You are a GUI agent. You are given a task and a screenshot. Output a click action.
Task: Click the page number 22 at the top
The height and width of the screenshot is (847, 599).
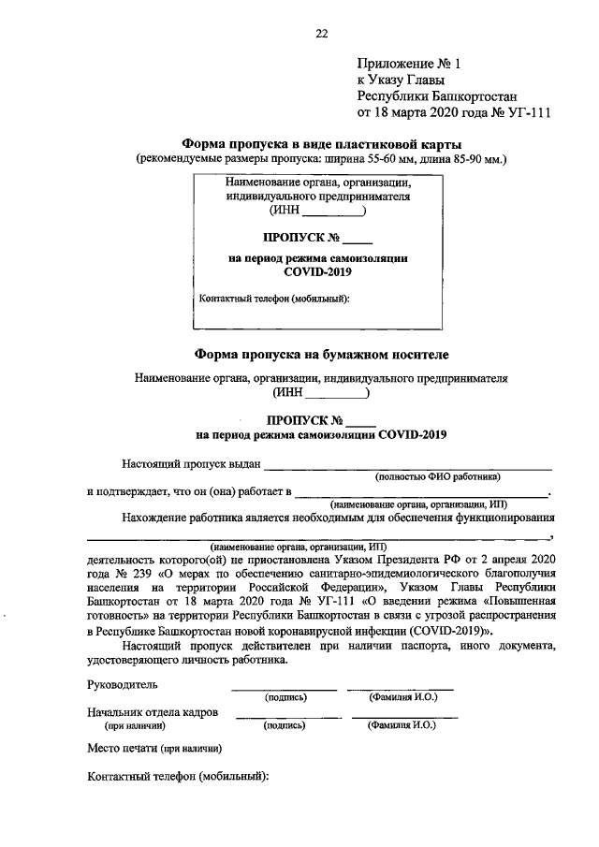click(321, 34)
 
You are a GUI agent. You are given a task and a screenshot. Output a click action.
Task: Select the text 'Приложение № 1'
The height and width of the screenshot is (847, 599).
click(410, 64)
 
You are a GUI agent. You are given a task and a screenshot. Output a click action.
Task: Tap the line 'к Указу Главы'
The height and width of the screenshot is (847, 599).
click(397, 80)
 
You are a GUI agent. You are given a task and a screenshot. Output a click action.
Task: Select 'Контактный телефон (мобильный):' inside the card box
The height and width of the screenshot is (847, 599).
click(275, 299)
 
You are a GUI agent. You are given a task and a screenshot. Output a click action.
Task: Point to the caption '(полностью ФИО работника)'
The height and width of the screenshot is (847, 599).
click(438, 475)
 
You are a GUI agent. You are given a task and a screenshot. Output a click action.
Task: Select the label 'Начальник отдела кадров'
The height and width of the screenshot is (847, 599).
click(152, 712)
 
